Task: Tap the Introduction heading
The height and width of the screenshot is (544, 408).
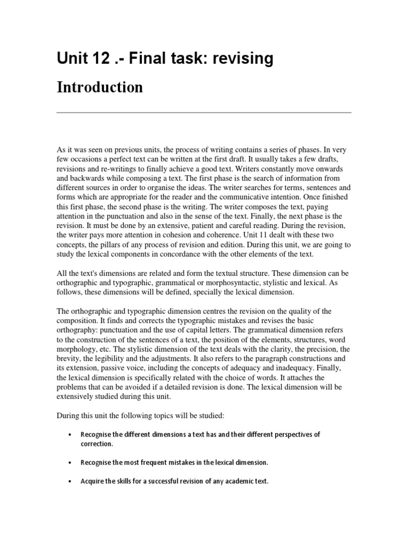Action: tap(99, 87)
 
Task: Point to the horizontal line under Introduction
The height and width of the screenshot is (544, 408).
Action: tap(204, 113)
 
